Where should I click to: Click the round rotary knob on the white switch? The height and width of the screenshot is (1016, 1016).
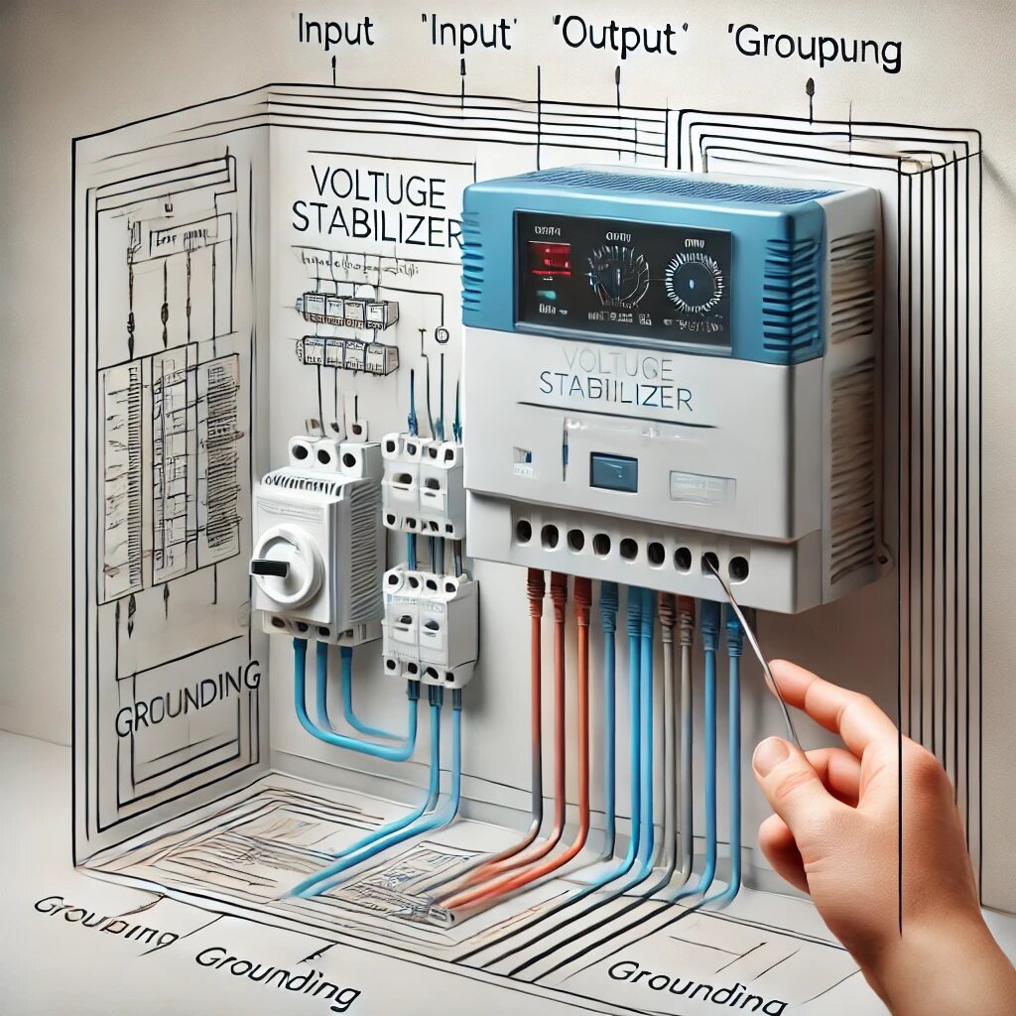pos(289,566)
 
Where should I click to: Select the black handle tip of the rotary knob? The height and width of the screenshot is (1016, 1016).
pos(266,569)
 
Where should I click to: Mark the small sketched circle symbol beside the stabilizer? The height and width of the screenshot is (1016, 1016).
pos(443,334)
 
